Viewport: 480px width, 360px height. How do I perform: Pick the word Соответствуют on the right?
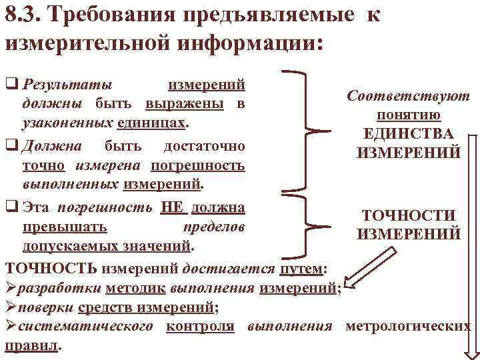408,96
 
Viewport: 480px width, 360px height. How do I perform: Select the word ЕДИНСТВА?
409,133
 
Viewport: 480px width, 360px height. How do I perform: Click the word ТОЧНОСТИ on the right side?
408,215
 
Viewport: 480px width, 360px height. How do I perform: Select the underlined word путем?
300,268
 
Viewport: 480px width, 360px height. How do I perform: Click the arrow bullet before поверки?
11,307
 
